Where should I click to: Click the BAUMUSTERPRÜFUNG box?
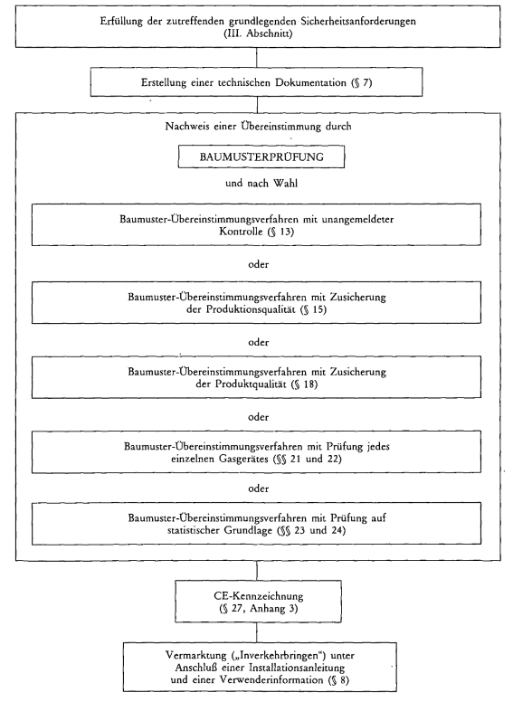pos(261,157)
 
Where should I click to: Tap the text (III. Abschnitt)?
pos(258,33)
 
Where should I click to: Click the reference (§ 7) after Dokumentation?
pos(362,83)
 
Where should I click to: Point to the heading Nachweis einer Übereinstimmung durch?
pos(258,127)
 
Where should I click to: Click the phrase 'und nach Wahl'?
pos(261,183)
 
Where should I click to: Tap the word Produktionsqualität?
pos(252,309)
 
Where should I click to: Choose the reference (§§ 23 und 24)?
pos(311,530)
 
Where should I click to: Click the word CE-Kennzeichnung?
pos(258,596)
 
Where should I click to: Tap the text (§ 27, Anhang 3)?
pos(258,609)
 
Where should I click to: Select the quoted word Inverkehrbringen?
pos(279,656)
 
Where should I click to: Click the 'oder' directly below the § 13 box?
pos(258,264)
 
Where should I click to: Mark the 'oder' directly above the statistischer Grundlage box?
pos(258,489)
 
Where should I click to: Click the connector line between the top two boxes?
pos(257,58)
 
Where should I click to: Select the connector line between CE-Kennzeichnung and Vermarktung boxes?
pos(257,632)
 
